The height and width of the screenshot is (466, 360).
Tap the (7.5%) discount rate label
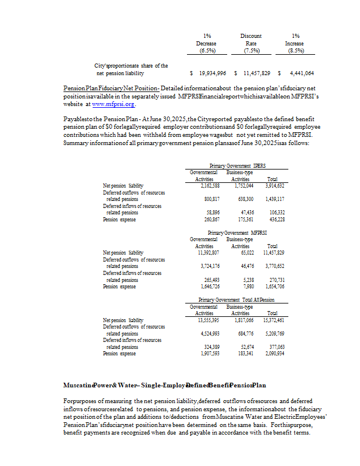[x=251, y=51]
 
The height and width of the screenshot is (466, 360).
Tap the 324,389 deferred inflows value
[x=209, y=347]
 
